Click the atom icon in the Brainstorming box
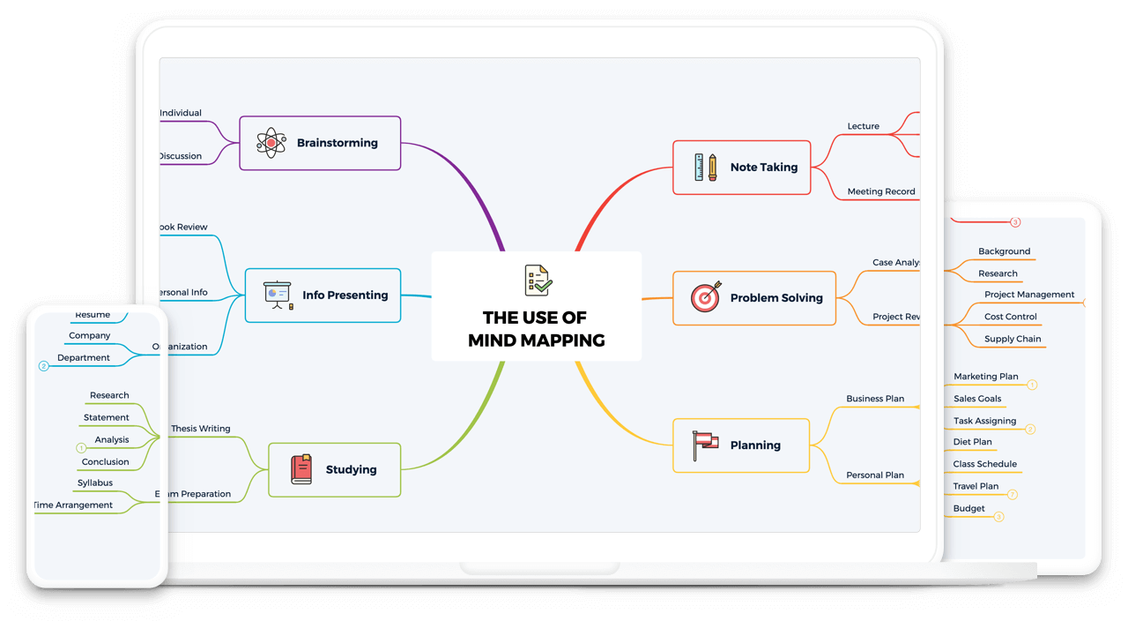[x=271, y=143]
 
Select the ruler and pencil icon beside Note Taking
[x=705, y=167]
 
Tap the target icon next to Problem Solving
[x=705, y=298]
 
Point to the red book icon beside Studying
[x=301, y=469]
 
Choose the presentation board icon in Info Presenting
[x=278, y=295]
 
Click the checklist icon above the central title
[x=537, y=281]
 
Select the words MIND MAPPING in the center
[x=536, y=340]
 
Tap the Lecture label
[x=863, y=126]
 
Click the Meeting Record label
[x=880, y=191]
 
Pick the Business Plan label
[x=874, y=399]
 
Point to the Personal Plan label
[x=874, y=475]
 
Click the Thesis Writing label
[x=200, y=429]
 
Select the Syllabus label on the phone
[x=95, y=483]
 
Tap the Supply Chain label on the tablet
[x=1013, y=339]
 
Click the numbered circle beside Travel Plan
[x=1013, y=495]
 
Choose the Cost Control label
[x=1010, y=317]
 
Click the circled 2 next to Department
[x=43, y=366]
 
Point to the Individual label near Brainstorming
[x=181, y=113]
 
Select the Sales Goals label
[x=977, y=399]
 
